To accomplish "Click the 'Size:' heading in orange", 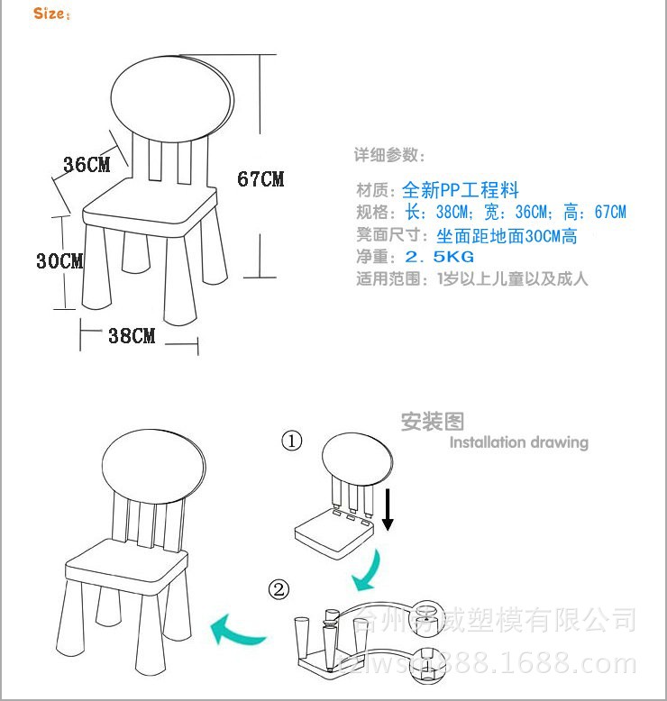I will pyautogui.click(x=51, y=14).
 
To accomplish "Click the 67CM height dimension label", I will pyautogui.click(x=260, y=178).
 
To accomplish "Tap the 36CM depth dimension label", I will pyautogui.click(x=87, y=165).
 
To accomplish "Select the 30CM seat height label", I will pyautogui.click(x=59, y=261).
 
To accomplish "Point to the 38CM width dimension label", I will pyautogui.click(x=132, y=336).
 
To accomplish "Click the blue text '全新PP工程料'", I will pyautogui.click(x=460, y=190).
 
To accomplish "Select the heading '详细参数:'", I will pyautogui.click(x=388, y=155).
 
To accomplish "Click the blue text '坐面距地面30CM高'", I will pyautogui.click(x=507, y=236).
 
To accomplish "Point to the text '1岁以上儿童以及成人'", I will pyautogui.click(x=512, y=278).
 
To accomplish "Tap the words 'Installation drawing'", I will pyautogui.click(x=518, y=442).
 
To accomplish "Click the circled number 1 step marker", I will pyautogui.click(x=292, y=441).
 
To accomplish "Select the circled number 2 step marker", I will pyautogui.click(x=280, y=590).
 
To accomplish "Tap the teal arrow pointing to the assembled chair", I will pyautogui.click(x=238, y=627).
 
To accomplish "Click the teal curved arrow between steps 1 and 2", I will pyautogui.click(x=370, y=568).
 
